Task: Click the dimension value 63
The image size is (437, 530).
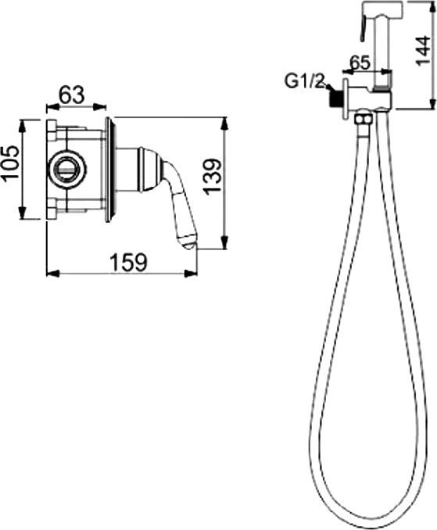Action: [x=71, y=95]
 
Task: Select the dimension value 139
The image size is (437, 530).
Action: [x=213, y=176]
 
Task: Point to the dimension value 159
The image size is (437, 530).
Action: [x=129, y=263]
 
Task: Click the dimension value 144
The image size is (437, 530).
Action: [x=422, y=50]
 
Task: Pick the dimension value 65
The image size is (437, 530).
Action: [x=360, y=63]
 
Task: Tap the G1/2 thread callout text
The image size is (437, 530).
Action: [x=304, y=82]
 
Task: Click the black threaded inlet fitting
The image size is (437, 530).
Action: [x=335, y=100]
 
